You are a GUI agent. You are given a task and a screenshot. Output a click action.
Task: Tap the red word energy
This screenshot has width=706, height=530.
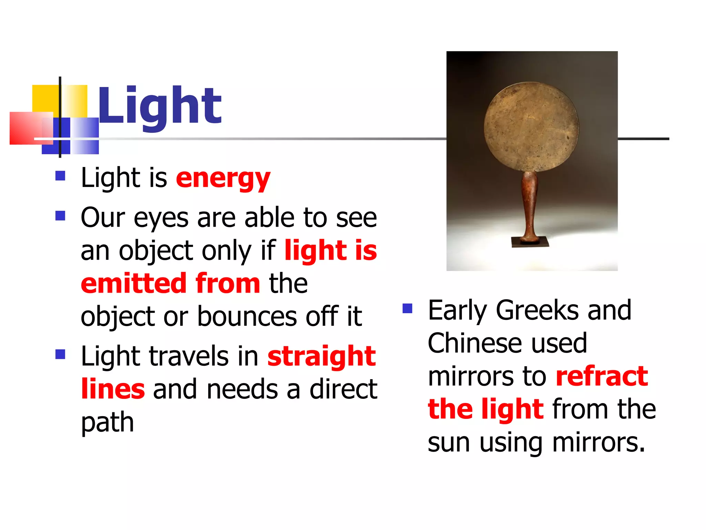coord(223,179)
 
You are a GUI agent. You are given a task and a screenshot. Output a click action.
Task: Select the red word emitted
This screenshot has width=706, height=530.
coord(134,283)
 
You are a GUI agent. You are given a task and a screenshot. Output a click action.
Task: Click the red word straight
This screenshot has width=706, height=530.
coord(321,356)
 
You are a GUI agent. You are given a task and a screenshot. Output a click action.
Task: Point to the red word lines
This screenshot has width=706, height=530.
coord(113,389)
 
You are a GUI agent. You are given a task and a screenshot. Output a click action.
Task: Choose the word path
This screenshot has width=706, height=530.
coord(107,423)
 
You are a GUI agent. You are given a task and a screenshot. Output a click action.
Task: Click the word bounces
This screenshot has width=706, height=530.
coord(247,316)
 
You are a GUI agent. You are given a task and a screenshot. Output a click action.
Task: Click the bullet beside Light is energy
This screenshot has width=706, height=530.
coord(60,176)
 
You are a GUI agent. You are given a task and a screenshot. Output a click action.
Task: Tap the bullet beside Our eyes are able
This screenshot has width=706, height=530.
coord(60,216)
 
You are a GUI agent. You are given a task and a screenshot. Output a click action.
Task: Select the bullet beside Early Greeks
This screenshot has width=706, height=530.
coord(407,308)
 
